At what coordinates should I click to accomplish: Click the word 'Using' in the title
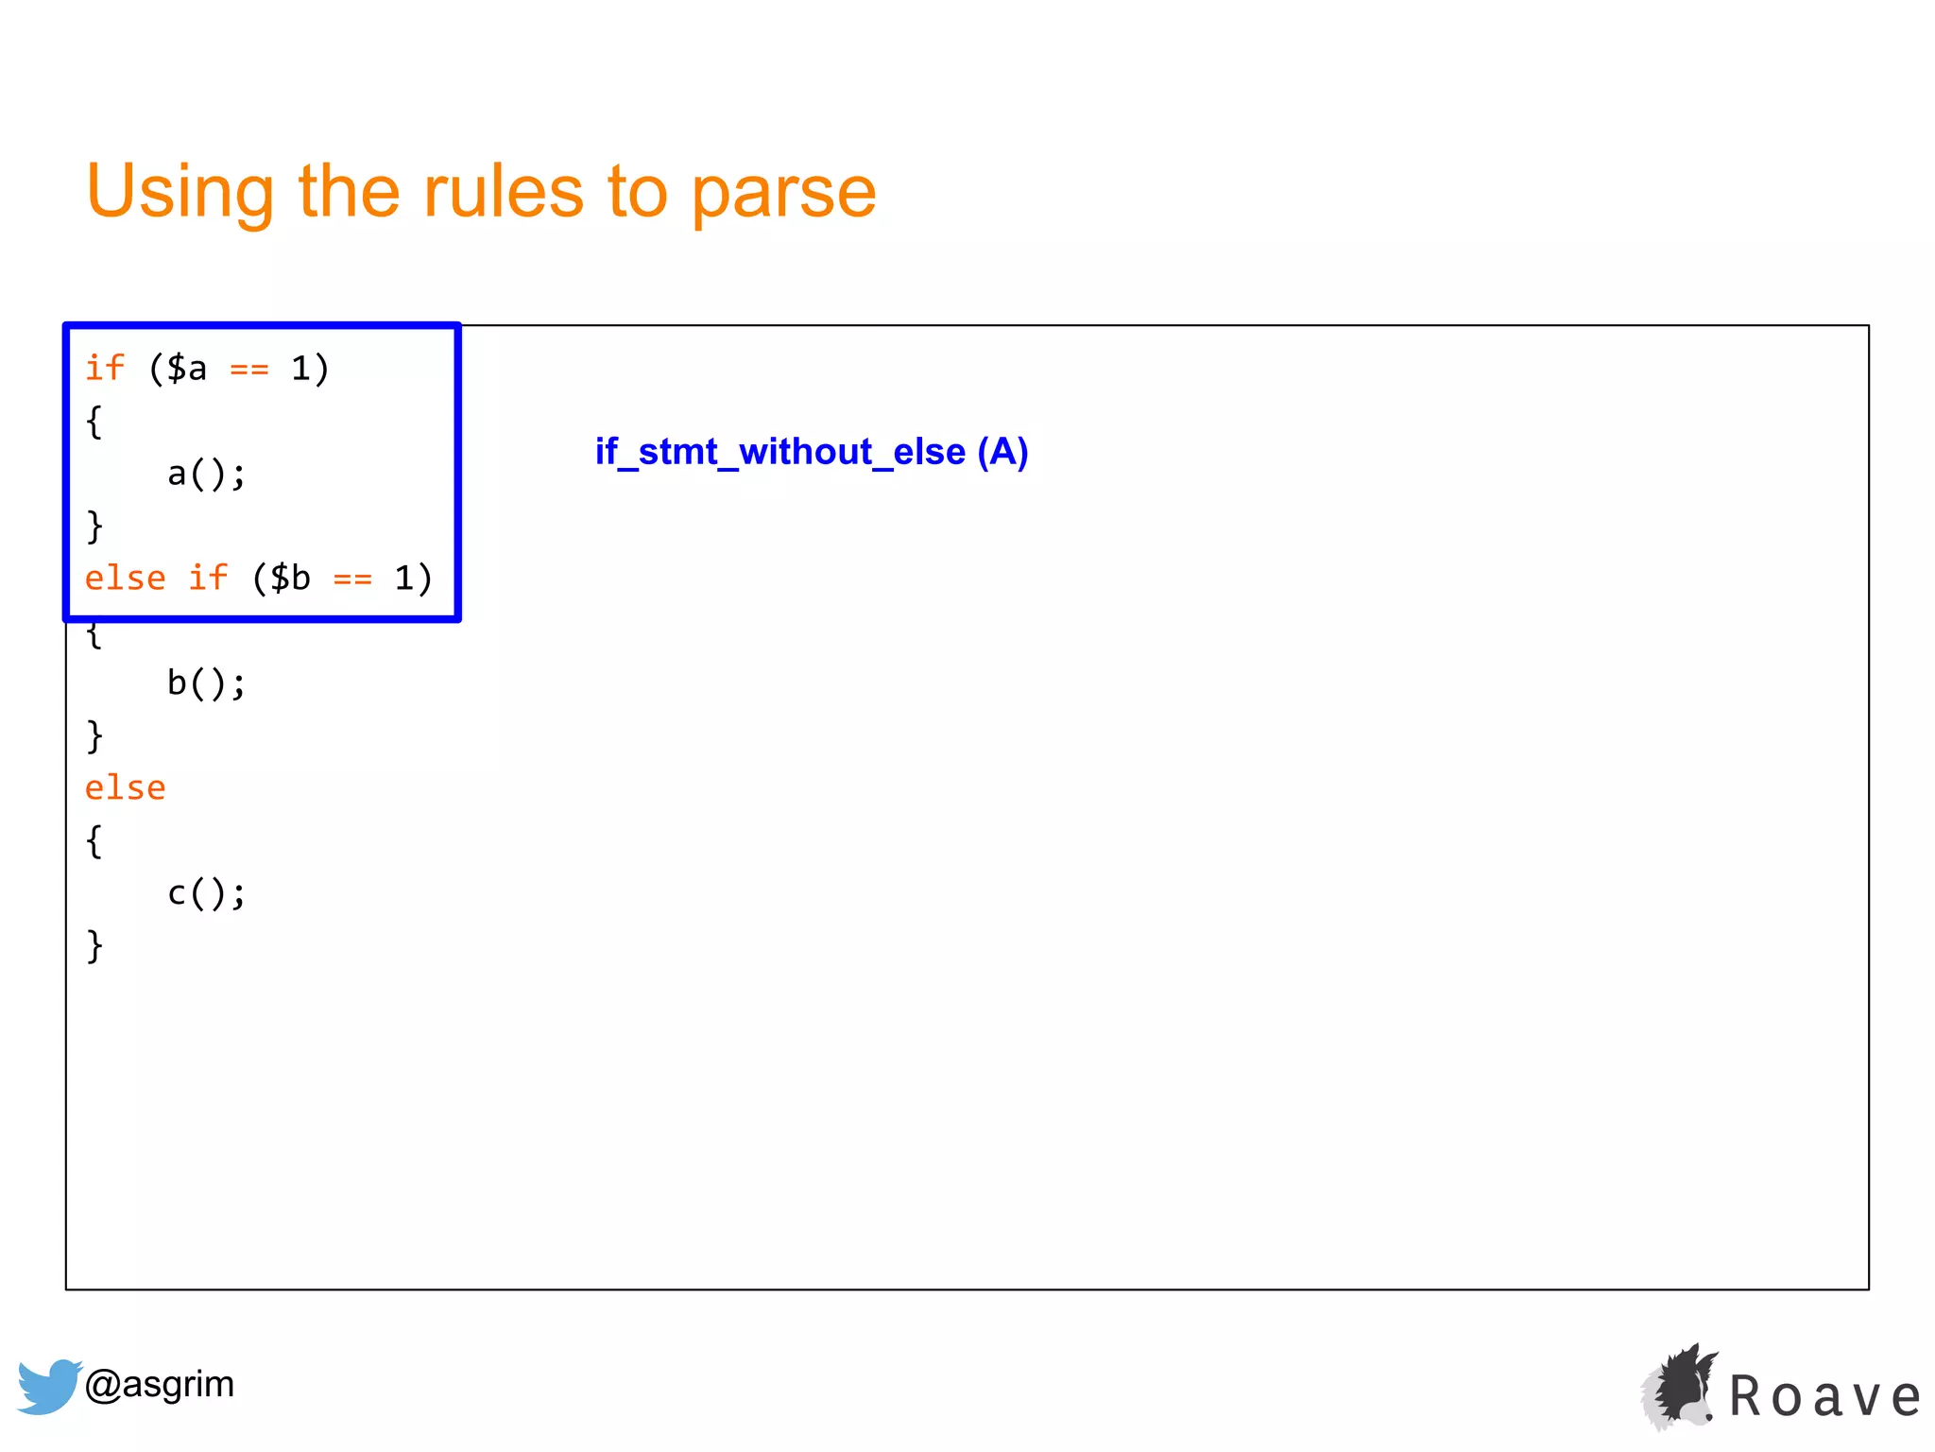pos(180,191)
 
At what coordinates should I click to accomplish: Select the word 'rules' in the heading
pos(503,191)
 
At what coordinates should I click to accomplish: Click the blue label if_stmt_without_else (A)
pos(811,452)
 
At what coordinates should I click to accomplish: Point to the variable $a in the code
pos(186,368)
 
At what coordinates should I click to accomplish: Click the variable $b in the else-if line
pos(290,578)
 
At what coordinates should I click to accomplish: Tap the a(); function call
pos(206,474)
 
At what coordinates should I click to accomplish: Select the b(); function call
pos(206,683)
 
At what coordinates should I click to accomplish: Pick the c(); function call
pos(206,892)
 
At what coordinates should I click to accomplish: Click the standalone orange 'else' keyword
pos(125,787)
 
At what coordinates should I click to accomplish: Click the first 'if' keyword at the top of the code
pos(105,368)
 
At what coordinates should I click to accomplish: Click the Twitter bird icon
pos(48,1386)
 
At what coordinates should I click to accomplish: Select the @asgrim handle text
pos(159,1384)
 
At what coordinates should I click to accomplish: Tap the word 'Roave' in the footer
pos(1824,1396)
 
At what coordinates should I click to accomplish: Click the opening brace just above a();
pos(94,422)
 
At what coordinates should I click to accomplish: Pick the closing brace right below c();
pos(94,945)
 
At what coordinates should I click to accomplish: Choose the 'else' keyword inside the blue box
pos(125,578)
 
